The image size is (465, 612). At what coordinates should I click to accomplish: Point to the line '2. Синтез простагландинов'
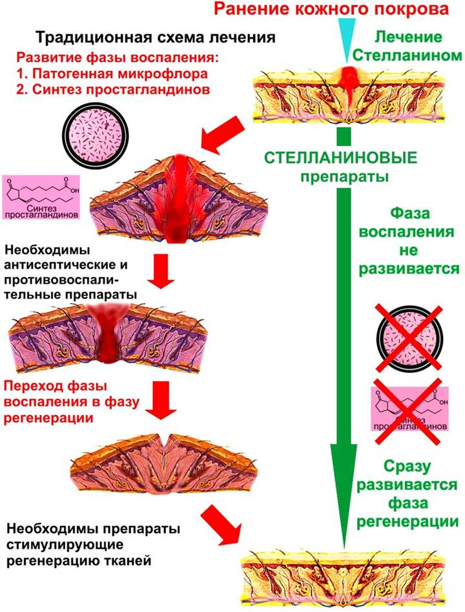(113, 90)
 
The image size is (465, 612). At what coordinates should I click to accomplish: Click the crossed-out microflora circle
(409, 337)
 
